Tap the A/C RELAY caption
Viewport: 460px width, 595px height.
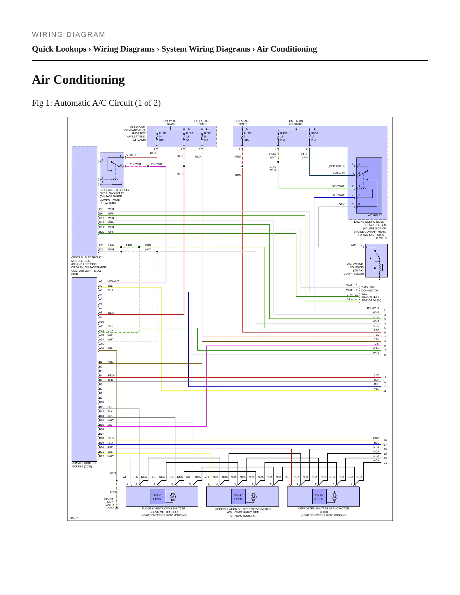point(375,215)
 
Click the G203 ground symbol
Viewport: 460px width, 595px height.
point(117,508)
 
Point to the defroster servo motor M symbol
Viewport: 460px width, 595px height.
point(334,497)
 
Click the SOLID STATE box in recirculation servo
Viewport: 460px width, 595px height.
point(238,497)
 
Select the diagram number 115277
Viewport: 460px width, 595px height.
point(74,518)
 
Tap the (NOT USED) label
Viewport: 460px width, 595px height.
point(336,166)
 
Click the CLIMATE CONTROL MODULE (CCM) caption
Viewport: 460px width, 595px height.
point(84,465)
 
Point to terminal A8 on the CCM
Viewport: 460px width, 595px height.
point(101,312)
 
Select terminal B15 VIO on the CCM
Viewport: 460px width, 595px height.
point(105,425)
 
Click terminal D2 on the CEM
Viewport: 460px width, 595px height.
point(101,245)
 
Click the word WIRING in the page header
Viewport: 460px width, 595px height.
point(47,35)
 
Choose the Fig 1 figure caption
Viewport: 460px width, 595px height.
point(96,103)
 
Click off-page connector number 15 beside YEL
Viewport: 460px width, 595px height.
point(385,391)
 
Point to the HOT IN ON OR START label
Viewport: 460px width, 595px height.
point(296,122)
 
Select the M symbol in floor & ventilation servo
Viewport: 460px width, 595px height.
point(173,497)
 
